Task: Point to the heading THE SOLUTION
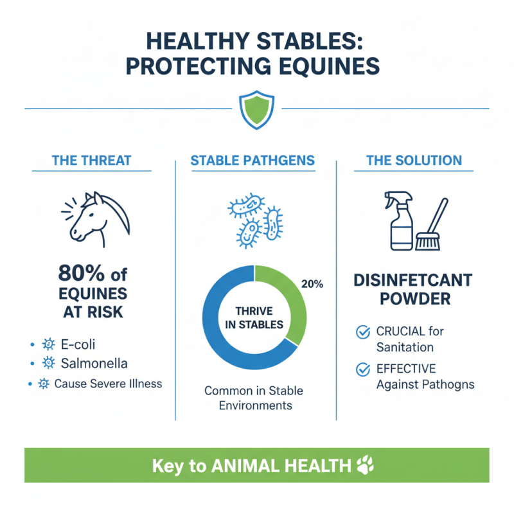(x=414, y=160)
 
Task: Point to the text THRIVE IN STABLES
(x=254, y=317)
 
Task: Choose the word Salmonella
(x=94, y=363)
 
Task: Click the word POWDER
(x=414, y=299)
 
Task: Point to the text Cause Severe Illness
(x=108, y=384)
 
